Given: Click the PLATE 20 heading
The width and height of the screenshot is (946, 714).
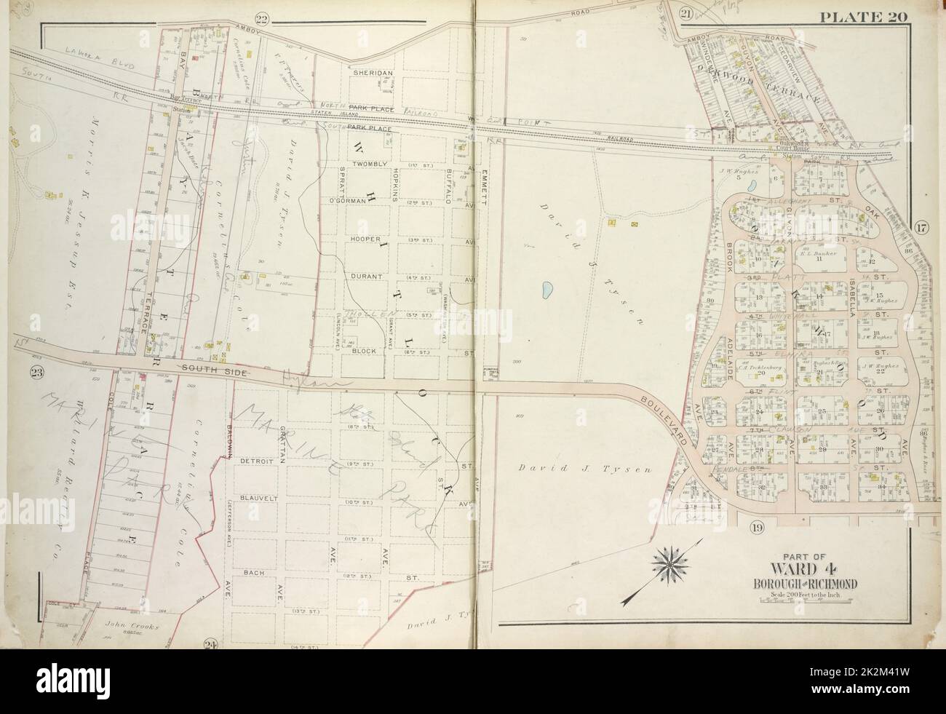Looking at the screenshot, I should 883,15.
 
